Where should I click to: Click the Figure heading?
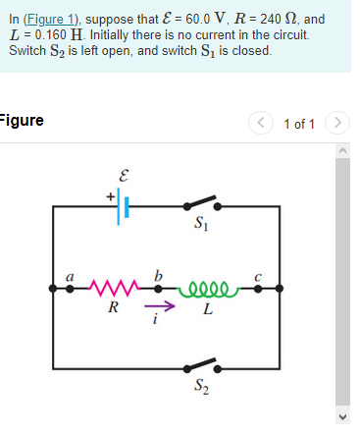(x=21, y=121)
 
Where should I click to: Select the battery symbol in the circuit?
(x=126, y=207)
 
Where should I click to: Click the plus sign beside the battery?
(x=111, y=195)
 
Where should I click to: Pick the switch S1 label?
(x=201, y=232)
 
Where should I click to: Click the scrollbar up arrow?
(x=342, y=149)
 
